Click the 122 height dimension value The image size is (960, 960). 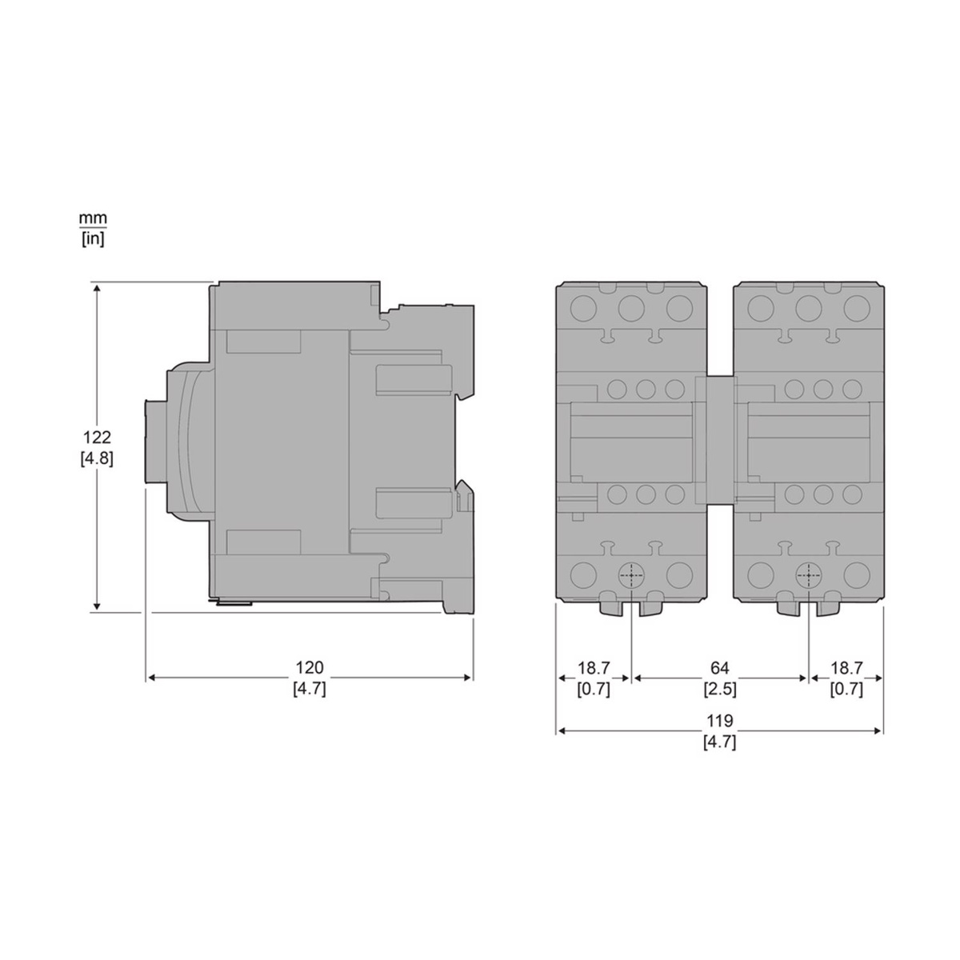(x=97, y=437)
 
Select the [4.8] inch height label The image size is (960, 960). (x=97, y=458)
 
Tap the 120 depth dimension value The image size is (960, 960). (x=310, y=667)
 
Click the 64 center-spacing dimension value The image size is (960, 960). (x=719, y=667)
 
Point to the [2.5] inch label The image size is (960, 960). (x=719, y=689)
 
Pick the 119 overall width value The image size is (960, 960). (x=719, y=720)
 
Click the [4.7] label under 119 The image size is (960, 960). (x=719, y=742)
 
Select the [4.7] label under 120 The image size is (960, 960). (x=310, y=689)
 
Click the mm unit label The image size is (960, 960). (x=93, y=218)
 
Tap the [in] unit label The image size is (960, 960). (x=93, y=239)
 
